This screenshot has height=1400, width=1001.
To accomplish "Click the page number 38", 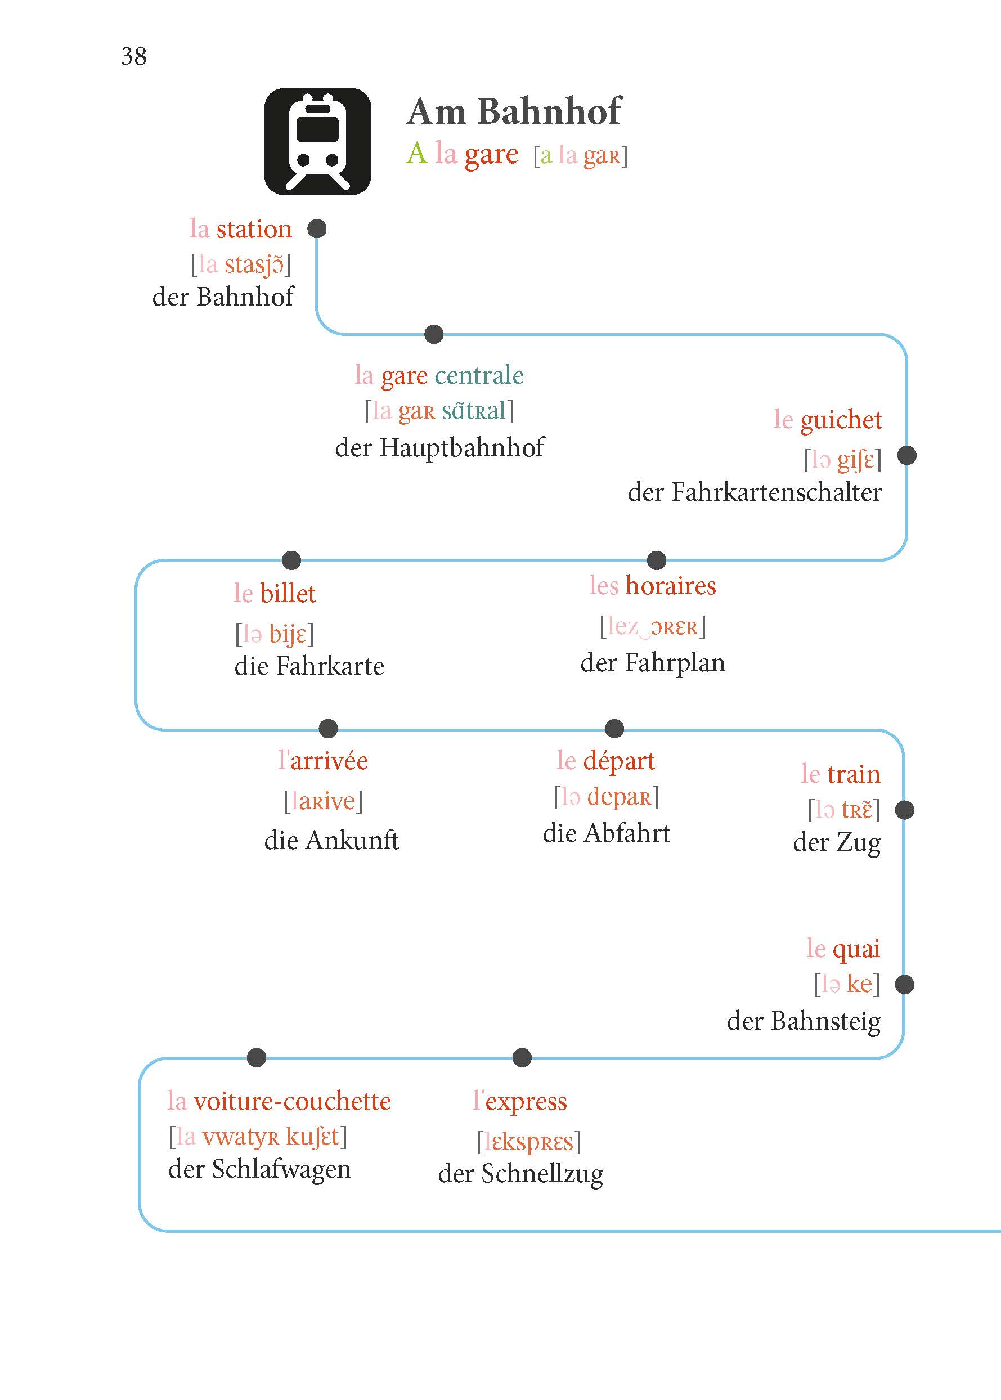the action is point(134,57).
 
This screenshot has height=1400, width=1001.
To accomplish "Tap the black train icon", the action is point(317,142).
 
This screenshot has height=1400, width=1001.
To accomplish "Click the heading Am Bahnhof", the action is point(514,111).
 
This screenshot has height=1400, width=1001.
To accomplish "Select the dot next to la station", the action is point(317,228).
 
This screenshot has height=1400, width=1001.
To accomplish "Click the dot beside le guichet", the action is point(906,456).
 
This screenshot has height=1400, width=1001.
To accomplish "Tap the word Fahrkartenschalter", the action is point(776,492).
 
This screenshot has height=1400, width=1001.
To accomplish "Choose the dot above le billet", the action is point(291,560).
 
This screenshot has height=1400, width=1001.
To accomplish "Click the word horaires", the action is point(671,585).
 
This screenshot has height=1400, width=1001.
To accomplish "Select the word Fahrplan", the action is point(675,663).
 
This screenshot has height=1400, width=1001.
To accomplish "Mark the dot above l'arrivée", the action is point(329,728).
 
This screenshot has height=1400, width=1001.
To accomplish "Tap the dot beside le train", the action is point(904,810).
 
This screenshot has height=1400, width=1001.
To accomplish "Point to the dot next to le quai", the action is point(904,985).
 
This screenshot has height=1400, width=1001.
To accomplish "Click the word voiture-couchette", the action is point(292,1102).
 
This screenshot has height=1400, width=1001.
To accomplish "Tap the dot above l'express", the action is point(522,1058).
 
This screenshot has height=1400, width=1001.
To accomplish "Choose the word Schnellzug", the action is point(542,1175).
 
